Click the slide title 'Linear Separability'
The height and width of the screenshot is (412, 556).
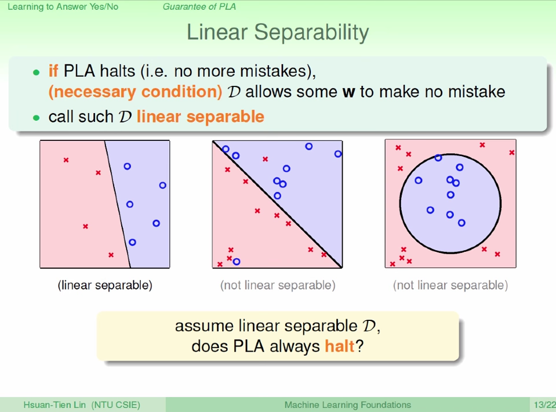[x=278, y=32]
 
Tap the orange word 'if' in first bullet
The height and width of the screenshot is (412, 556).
[x=53, y=71]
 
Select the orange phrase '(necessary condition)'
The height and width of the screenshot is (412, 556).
[x=135, y=92]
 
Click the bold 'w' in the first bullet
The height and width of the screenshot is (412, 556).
[x=348, y=92]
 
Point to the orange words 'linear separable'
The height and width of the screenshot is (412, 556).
[x=201, y=117]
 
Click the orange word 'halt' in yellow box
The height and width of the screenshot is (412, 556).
[x=339, y=346]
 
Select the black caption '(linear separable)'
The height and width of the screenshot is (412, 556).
[x=105, y=285]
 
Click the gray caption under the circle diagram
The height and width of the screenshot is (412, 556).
[x=450, y=285]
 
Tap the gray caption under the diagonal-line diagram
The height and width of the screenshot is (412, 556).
[x=278, y=285]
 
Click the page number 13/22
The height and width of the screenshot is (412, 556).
[x=544, y=405]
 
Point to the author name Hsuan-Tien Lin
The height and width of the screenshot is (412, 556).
[x=54, y=405]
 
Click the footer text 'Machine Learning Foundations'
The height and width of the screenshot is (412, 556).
[x=347, y=405]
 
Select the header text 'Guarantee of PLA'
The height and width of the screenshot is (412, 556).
[x=199, y=7]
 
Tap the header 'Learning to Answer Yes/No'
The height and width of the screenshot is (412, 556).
[x=63, y=7]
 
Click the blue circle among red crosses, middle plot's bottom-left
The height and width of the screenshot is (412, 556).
[x=237, y=262]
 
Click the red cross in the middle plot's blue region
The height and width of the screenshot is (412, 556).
[x=265, y=160]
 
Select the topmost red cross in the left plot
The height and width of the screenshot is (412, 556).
[x=66, y=160]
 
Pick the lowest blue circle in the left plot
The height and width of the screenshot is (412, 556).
[x=132, y=243]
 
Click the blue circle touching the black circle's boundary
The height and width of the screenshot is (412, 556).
[x=438, y=158]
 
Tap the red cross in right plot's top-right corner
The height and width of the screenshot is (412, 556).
[x=512, y=153]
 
